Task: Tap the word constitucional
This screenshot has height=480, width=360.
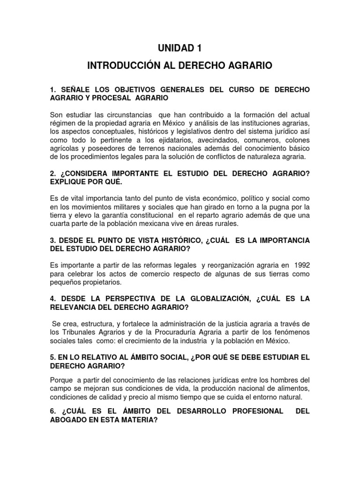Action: tap(157, 216)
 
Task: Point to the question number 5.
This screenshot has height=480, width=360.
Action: tap(52, 357)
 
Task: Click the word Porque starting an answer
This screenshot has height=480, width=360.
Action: tap(61, 380)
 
